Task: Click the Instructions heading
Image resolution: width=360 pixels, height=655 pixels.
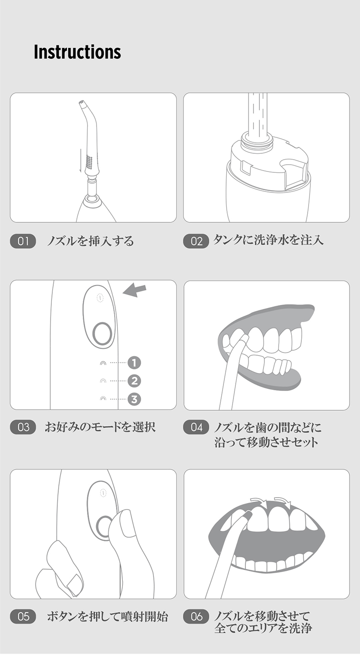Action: pos(77,52)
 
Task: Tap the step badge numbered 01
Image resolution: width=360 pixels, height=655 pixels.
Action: pos(23,241)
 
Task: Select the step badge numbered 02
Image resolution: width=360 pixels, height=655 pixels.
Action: pos(196,241)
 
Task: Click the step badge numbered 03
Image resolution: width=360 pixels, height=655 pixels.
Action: pos(23,427)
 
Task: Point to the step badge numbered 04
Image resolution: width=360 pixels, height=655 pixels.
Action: pos(196,427)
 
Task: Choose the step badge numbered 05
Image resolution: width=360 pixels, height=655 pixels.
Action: pos(23,616)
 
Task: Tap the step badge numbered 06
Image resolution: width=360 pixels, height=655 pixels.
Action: pos(196,616)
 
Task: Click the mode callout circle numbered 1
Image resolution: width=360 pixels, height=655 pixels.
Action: pos(134,363)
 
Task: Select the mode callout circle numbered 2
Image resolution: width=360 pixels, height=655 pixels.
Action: pos(134,381)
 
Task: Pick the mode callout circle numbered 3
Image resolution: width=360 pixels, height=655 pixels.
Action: pos(134,399)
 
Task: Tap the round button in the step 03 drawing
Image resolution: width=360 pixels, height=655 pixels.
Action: pos(102,334)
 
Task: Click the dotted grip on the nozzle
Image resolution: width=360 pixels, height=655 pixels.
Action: pos(89,162)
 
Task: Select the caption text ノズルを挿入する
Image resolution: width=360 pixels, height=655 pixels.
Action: pos(91,241)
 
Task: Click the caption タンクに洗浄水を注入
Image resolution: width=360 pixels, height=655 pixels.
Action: pos(268,240)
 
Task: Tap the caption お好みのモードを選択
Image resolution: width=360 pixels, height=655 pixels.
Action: pos(100,427)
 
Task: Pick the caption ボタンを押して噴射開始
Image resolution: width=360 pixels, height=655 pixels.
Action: pos(107,616)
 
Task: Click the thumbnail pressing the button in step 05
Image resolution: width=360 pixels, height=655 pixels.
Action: pos(127,525)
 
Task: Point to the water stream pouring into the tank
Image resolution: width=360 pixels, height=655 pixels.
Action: pos(258,116)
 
